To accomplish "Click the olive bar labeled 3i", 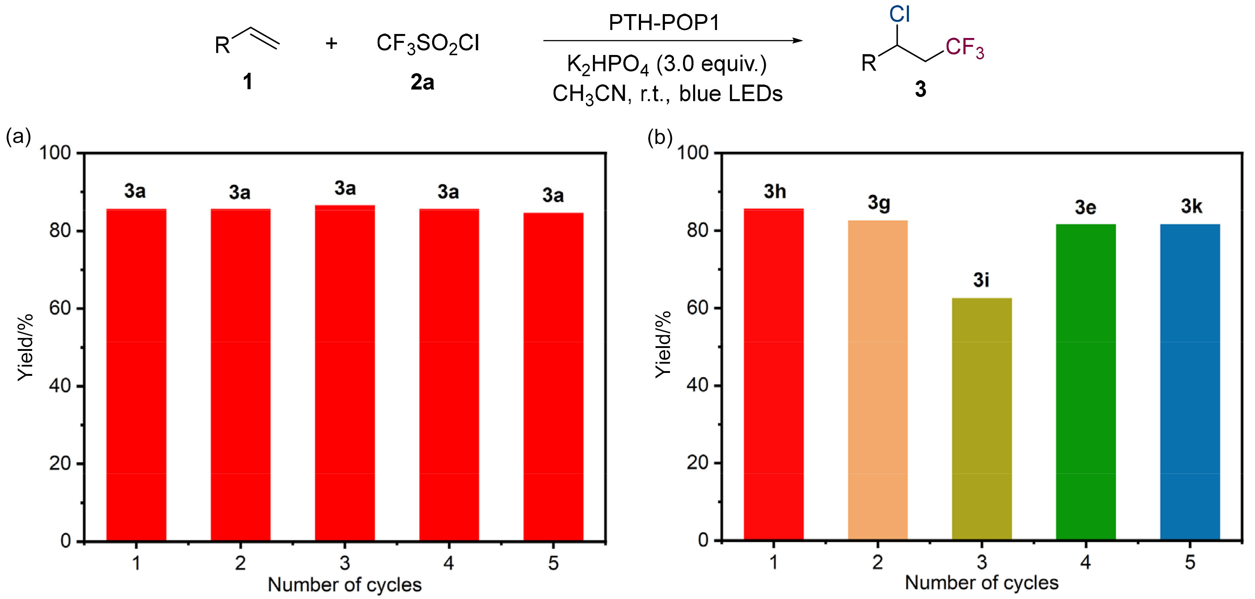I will pyautogui.click(x=981, y=419).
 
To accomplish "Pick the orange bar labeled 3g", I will pyautogui.click(x=878, y=380).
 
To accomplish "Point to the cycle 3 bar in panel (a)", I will pyautogui.click(x=345, y=373).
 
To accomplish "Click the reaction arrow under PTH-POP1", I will pyautogui.click(x=672, y=41).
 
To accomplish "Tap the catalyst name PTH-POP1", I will pyautogui.click(x=664, y=23).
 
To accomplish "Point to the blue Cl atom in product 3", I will pyautogui.click(x=899, y=14).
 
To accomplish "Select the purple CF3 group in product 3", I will pyautogui.click(x=965, y=48).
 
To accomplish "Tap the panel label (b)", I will pyautogui.click(x=659, y=137).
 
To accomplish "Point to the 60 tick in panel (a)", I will pyautogui.click(x=60, y=309).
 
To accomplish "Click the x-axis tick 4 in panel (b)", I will pyautogui.click(x=1085, y=562).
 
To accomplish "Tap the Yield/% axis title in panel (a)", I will pyautogui.click(x=26, y=347).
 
